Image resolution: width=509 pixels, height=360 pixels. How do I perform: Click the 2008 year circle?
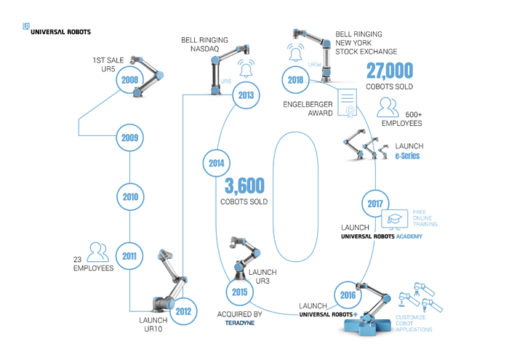pyautogui.click(x=130, y=80)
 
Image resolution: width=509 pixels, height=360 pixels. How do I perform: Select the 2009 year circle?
pyautogui.click(x=130, y=137)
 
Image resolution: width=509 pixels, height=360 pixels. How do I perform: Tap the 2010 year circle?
pyautogui.click(x=130, y=196)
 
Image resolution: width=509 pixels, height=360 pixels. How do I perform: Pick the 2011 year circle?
pyautogui.click(x=130, y=255)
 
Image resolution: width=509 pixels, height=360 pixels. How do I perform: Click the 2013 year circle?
pyautogui.click(x=246, y=95)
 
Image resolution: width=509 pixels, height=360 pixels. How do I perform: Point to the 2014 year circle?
pyautogui.click(x=217, y=164)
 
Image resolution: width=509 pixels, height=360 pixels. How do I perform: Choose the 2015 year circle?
pyautogui.click(x=240, y=292)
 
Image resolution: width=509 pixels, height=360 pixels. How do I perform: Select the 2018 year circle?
pyautogui.click(x=295, y=80)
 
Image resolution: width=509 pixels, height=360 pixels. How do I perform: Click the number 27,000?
pyautogui.click(x=390, y=72)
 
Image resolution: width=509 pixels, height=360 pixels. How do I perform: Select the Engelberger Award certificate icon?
pyautogui.click(x=347, y=103)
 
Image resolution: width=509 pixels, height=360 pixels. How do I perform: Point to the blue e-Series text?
pyautogui.click(x=407, y=156)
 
